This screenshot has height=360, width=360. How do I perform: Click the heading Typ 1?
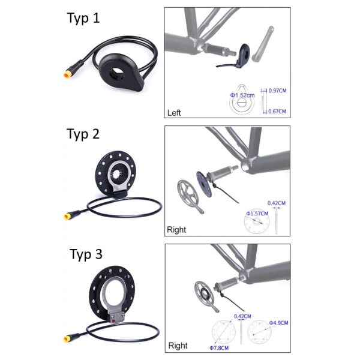(83, 18)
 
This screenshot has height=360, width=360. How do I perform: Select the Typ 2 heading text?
(83, 134)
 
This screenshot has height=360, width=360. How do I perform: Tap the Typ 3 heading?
(86, 254)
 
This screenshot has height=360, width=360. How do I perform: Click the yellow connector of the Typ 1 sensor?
(68, 74)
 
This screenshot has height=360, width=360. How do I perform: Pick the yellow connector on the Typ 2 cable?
(68, 216)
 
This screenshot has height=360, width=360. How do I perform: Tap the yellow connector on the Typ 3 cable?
(68, 338)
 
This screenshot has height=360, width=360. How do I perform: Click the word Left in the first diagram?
(174, 113)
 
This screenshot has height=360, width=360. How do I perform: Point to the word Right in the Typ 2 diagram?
(176, 230)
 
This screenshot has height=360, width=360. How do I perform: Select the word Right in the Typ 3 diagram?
(178, 346)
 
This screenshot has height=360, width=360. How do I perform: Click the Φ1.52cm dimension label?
(242, 95)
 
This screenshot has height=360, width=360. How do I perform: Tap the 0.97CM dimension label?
(277, 91)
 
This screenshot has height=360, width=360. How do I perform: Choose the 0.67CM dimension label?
(277, 112)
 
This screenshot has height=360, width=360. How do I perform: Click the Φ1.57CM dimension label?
(257, 214)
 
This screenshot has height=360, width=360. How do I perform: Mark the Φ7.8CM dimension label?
(219, 348)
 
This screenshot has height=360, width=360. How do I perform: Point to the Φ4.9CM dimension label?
(279, 323)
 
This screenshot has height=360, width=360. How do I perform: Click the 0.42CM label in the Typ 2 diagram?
(277, 203)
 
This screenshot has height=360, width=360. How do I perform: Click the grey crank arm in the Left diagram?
(263, 44)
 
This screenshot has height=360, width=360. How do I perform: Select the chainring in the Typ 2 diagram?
(188, 194)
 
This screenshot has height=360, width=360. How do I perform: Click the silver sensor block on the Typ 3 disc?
(116, 318)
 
